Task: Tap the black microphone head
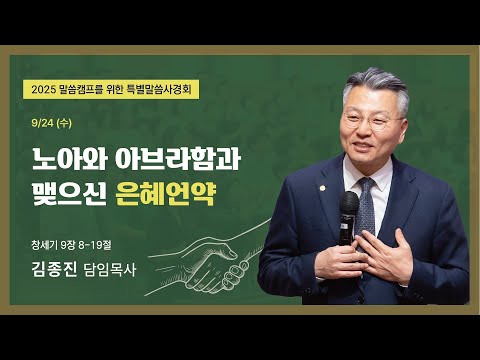(x=349, y=206)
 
